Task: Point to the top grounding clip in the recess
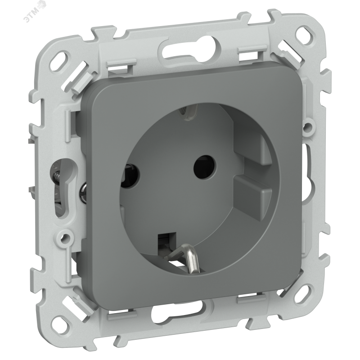point(187,112)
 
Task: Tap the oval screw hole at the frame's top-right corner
point(306,34)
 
